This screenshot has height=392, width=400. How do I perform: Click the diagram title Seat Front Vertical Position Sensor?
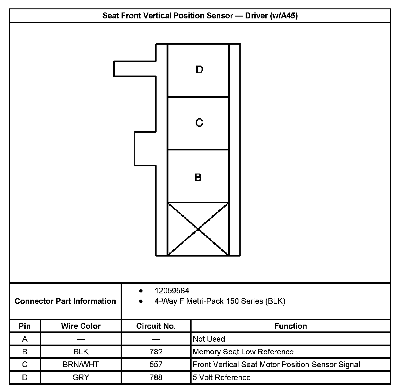click(200, 16)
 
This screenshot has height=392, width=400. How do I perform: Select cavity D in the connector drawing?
click(198, 70)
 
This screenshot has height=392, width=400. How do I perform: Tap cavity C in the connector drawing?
click(198, 123)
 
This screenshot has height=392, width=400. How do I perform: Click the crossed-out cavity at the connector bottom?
click(198, 229)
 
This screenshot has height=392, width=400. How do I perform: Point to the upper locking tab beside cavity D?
click(134, 69)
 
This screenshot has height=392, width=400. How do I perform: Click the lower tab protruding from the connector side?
click(145, 149)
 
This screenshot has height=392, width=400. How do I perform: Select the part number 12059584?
click(172, 291)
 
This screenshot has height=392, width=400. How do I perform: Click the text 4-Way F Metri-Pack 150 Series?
click(220, 301)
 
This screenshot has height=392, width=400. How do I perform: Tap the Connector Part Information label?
click(65, 301)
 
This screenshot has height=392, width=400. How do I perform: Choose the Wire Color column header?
click(81, 326)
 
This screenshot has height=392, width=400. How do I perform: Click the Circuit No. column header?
click(156, 326)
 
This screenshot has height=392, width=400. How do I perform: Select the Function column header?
click(291, 326)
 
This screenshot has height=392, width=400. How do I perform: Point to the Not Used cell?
click(209, 339)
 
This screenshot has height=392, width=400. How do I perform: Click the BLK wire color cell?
click(81, 352)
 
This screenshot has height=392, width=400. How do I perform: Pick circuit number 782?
click(156, 352)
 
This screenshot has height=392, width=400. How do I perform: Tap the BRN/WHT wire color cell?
click(81, 365)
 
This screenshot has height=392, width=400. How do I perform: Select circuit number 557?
click(156, 365)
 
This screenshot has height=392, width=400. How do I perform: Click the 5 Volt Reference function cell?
click(222, 377)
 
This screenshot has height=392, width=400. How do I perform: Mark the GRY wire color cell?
click(81, 377)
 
